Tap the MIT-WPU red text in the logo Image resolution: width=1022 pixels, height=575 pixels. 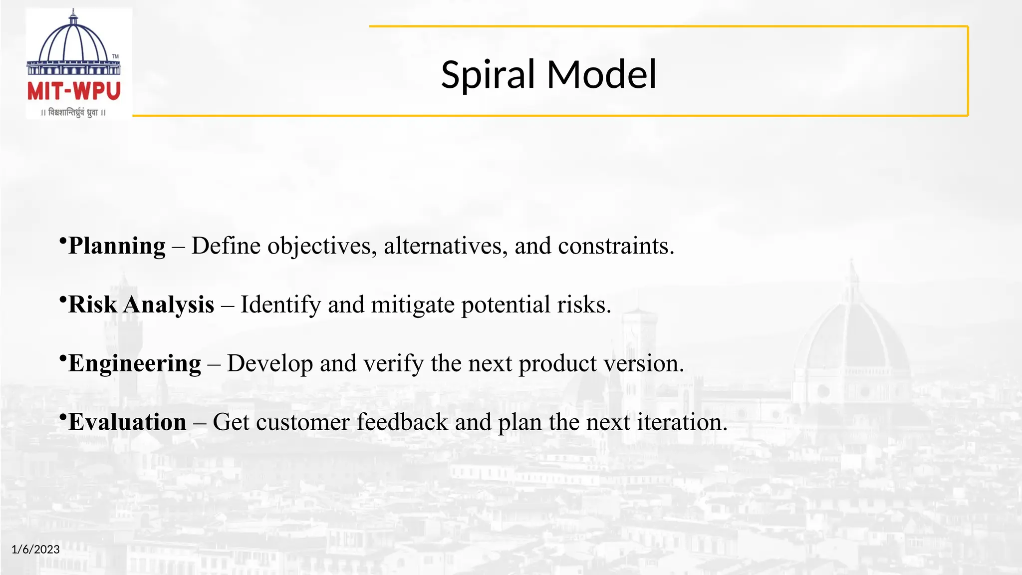pos(74,92)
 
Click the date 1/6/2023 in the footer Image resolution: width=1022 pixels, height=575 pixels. pos(35,550)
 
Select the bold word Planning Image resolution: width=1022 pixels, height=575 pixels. pos(117,246)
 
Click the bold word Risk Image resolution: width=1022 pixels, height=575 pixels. pos(92,304)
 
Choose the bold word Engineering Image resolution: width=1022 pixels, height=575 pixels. pos(135,364)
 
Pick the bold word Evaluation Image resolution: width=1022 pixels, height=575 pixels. pos(127,422)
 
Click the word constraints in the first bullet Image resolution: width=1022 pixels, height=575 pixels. pos(616,246)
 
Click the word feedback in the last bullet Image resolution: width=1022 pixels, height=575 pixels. pos(402,422)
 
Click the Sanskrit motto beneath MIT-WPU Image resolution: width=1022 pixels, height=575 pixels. pos(73,112)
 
